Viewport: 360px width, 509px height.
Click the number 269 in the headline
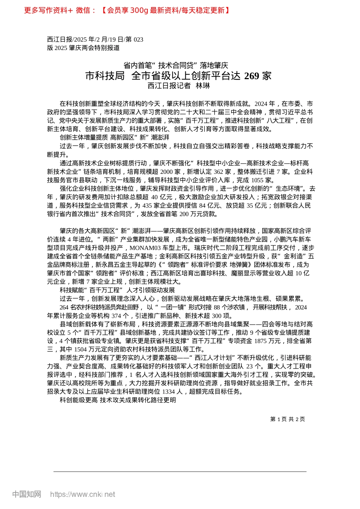pos(252,76)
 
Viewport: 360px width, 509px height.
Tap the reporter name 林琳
pos(203,86)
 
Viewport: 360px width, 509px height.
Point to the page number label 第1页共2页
pos(287,419)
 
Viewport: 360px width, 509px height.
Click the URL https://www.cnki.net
pos(83,494)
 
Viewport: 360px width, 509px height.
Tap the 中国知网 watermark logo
pos(27,494)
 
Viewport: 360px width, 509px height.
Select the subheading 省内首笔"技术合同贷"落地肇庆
pos(176,66)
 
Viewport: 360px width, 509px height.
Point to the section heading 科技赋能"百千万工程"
pos(91,290)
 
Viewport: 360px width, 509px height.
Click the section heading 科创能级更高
pos(78,400)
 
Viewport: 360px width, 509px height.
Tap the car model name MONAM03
pos(146,248)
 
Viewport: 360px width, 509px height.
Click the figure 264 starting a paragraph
pos(64,307)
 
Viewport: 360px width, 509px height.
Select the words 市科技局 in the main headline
pos(105,76)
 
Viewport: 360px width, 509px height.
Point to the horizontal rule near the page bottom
pos(180,472)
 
